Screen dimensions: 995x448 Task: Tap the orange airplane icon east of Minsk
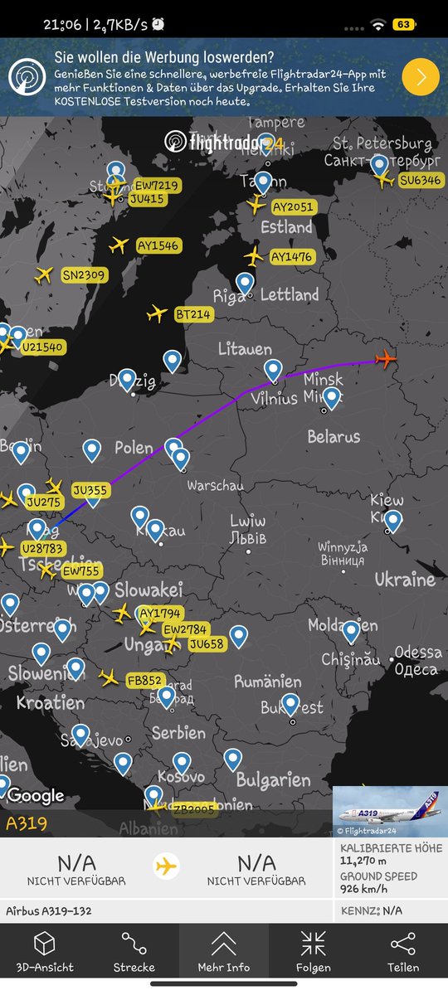386,359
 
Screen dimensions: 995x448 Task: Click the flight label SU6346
421,181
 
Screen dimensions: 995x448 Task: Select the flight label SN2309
84,275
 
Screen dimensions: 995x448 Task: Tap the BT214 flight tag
192,314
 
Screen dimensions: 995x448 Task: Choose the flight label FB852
144,680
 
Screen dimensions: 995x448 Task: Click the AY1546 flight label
158,246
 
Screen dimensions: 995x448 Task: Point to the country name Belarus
334,436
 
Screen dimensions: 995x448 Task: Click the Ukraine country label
405,579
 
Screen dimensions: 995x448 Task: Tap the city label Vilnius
268,398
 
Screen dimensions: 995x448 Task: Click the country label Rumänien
267,682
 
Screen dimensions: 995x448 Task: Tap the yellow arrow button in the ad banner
421,77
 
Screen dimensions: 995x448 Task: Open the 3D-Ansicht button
45,951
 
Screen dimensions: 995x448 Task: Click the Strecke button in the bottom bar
134,951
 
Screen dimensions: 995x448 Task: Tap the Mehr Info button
224,951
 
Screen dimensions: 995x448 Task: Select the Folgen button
313,951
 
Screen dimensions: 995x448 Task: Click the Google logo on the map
36,796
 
